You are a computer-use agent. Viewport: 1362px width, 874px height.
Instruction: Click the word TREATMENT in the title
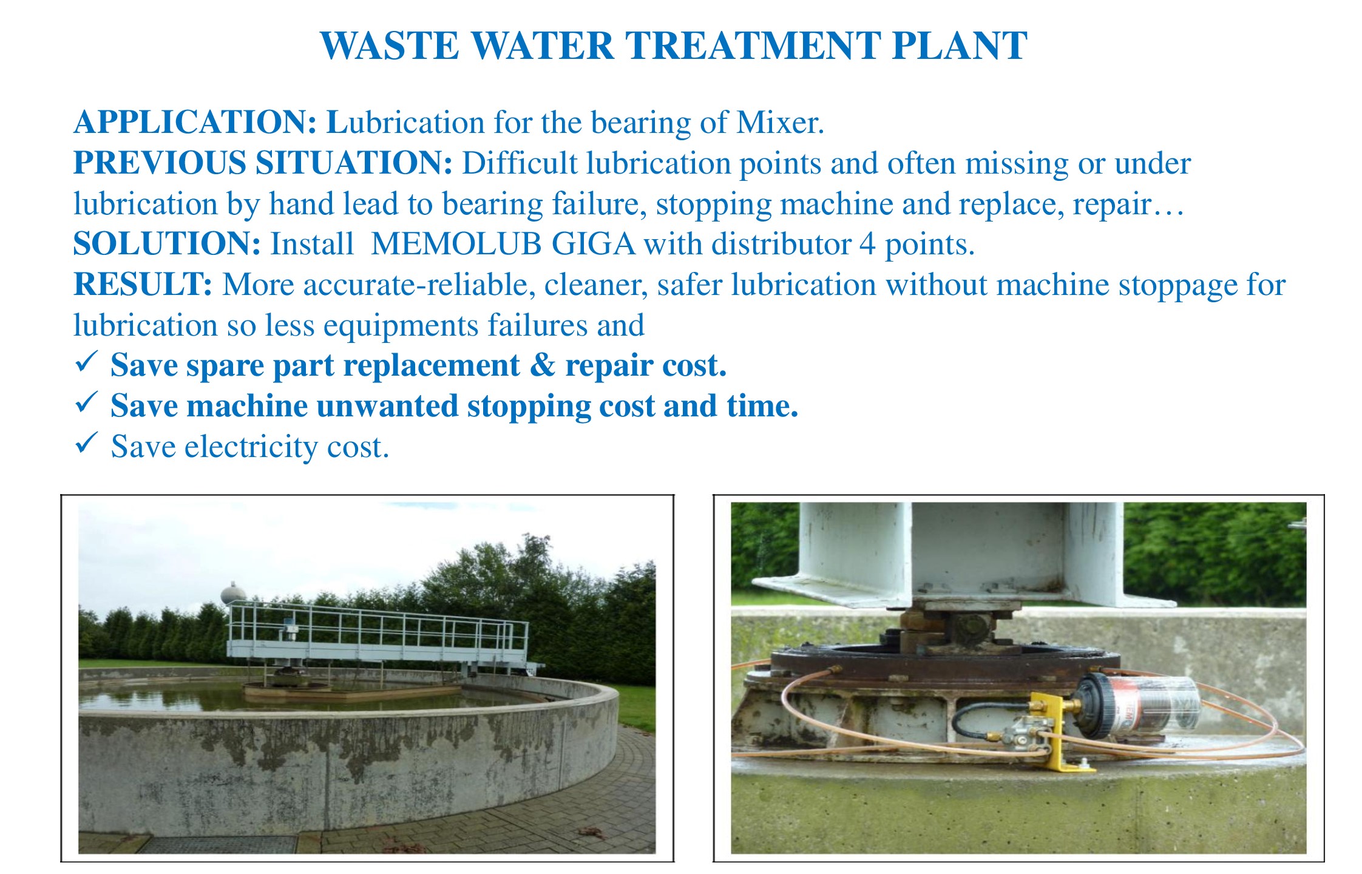[752, 46]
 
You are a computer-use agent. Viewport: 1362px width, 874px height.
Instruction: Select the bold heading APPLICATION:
[195, 122]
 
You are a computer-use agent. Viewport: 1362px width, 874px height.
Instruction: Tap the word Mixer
[780, 122]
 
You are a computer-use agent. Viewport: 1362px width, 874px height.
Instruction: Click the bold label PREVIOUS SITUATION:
[263, 163]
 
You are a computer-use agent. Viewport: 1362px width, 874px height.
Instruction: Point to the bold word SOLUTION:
[167, 244]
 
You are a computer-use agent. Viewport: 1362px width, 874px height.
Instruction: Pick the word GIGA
[593, 244]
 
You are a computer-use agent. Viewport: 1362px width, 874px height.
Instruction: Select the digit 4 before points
[867, 245]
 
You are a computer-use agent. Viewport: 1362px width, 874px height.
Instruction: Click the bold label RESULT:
[143, 284]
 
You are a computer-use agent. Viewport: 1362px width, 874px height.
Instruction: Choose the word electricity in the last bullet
[251, 447]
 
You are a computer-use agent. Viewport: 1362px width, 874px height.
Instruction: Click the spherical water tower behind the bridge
[232, 592]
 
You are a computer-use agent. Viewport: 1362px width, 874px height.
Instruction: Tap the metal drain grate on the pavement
[219, 844]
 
